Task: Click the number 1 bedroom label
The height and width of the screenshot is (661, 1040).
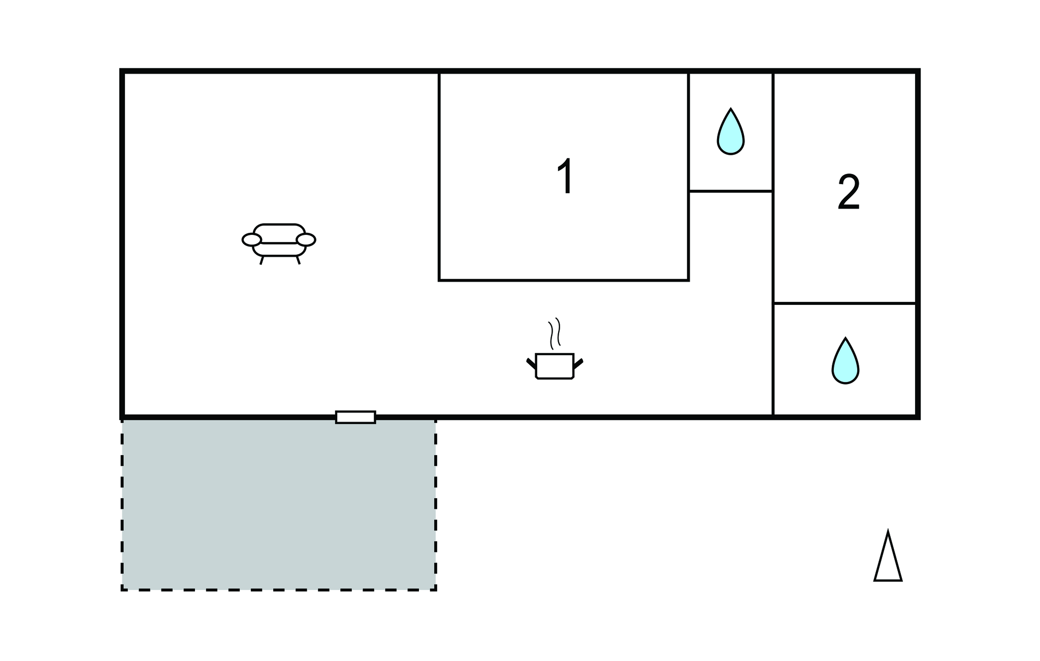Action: click(565, 176)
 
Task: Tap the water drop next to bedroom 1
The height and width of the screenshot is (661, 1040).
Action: click(731, 132)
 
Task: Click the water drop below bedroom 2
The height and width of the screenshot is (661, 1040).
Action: click(846, 361)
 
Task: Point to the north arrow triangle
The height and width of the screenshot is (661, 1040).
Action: click(888, 556)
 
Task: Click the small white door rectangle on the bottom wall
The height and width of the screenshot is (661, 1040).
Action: click(355, 417)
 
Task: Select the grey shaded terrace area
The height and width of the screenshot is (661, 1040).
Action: click(279, 504)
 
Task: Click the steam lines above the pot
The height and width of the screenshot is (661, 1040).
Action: click(554, 333)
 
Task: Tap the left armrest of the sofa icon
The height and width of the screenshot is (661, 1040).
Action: click(252, 239)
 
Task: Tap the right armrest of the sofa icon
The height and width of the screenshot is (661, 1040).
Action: click(306, 239)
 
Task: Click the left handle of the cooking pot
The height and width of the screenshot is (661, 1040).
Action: click(531, 363)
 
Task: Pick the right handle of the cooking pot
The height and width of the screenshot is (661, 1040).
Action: click(578, 363)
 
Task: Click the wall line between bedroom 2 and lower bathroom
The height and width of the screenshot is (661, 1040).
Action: click(844, 303)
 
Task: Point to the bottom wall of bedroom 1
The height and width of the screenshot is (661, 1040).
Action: click(564, 280)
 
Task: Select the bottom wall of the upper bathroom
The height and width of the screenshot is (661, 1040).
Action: click(731, 191)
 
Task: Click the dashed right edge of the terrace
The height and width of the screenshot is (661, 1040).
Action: click(436, 504)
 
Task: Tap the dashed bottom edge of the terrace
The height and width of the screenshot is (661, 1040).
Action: click(279, 589)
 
